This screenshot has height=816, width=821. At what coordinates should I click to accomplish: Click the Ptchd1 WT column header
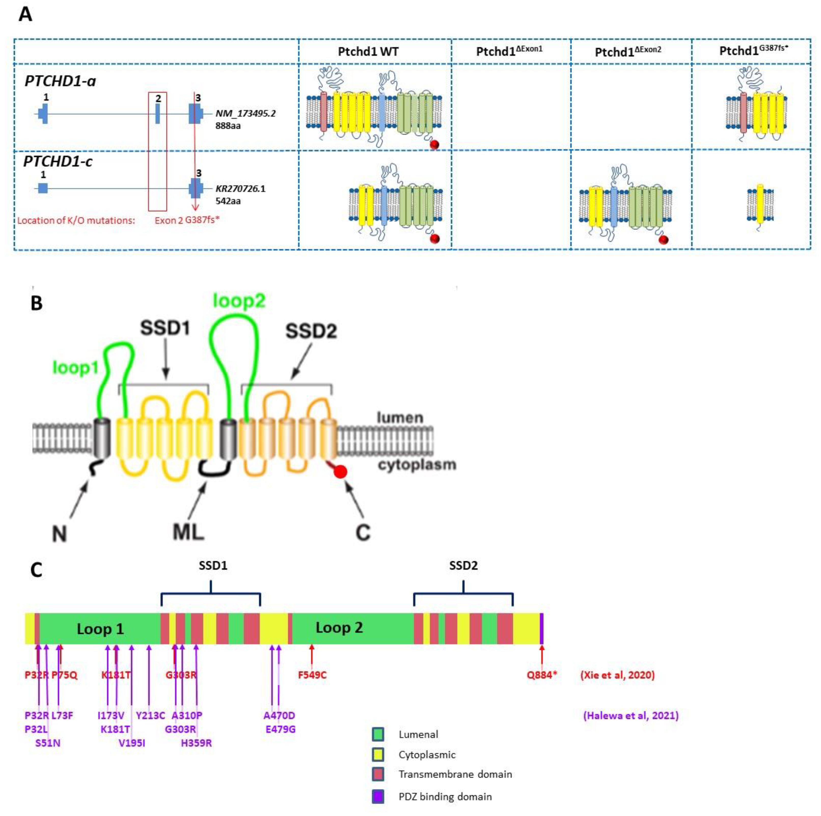[368, 52]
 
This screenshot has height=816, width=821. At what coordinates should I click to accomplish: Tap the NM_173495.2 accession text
[245, 114]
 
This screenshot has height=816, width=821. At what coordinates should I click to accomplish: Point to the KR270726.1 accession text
[240, 189]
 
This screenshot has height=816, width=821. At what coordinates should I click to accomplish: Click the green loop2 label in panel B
[239, 301]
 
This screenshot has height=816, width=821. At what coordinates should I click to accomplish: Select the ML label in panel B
[188, 532]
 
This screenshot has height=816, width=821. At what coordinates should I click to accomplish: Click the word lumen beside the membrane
[400, 418]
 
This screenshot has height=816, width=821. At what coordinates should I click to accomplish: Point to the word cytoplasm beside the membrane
[417, 465]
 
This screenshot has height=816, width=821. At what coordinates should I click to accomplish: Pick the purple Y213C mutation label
[150, 715]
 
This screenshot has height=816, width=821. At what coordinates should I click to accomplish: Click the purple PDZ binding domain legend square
[378, 796]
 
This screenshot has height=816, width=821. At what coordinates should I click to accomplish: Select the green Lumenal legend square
[378, 734]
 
